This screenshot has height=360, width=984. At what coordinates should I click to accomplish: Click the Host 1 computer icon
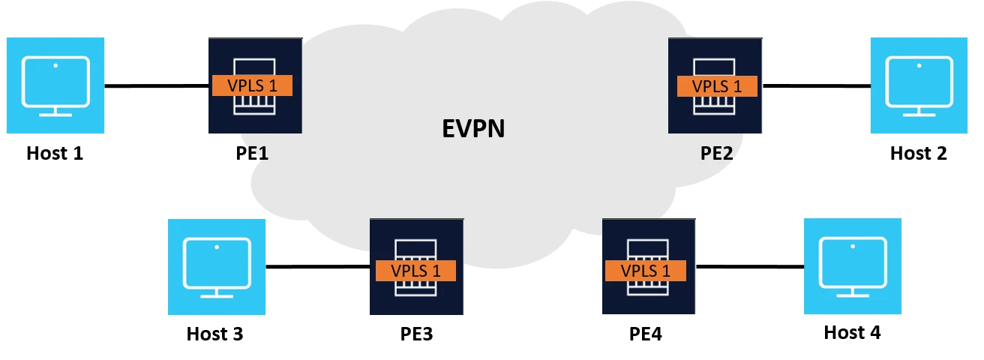55,85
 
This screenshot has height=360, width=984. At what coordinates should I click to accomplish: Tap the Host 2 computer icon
919,85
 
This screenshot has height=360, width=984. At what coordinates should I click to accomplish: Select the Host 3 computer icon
217,267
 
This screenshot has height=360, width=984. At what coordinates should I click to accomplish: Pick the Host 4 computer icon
852,265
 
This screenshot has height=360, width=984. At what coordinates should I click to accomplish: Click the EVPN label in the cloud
472,128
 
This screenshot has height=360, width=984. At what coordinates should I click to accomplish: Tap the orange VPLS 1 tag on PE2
717,86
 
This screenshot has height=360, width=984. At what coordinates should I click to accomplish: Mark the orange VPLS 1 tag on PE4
646,270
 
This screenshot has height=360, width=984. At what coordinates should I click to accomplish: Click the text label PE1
250,154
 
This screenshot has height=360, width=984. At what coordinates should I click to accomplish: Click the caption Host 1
55,154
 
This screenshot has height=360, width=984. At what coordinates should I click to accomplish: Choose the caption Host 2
918,154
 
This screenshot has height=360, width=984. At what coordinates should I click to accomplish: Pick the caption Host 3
214,333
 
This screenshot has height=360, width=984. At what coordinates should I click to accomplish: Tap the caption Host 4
852,331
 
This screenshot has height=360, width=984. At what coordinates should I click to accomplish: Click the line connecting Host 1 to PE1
156,86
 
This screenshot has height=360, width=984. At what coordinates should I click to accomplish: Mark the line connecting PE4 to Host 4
750,265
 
